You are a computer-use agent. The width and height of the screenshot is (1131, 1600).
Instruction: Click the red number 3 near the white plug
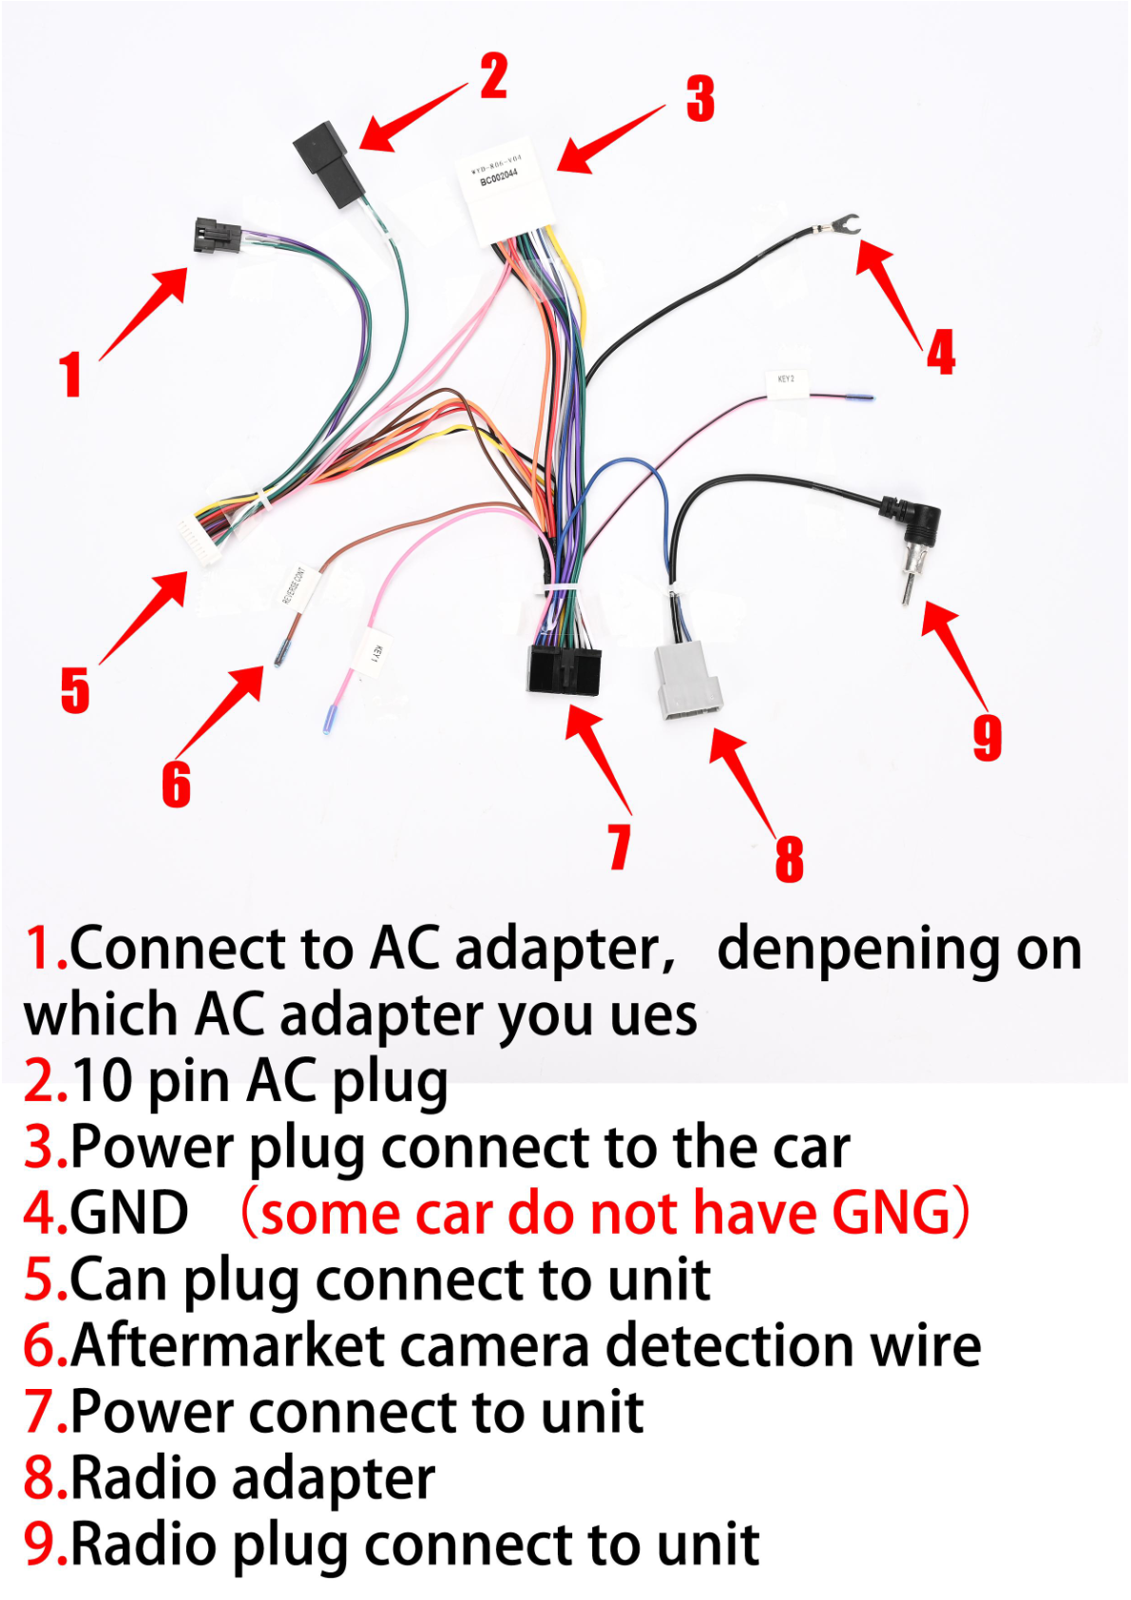coord(700,99)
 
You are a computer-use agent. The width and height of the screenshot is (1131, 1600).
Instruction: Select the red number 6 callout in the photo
coord(176,784)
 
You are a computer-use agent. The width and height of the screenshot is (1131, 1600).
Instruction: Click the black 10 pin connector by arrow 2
coord(328,164)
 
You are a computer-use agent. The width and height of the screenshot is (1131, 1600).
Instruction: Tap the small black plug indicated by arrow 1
coord(217,234)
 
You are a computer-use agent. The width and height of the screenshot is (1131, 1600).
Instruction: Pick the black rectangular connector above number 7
coord(564,669)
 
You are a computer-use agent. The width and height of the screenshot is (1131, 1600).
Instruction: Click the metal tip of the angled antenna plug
coord(908,588)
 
